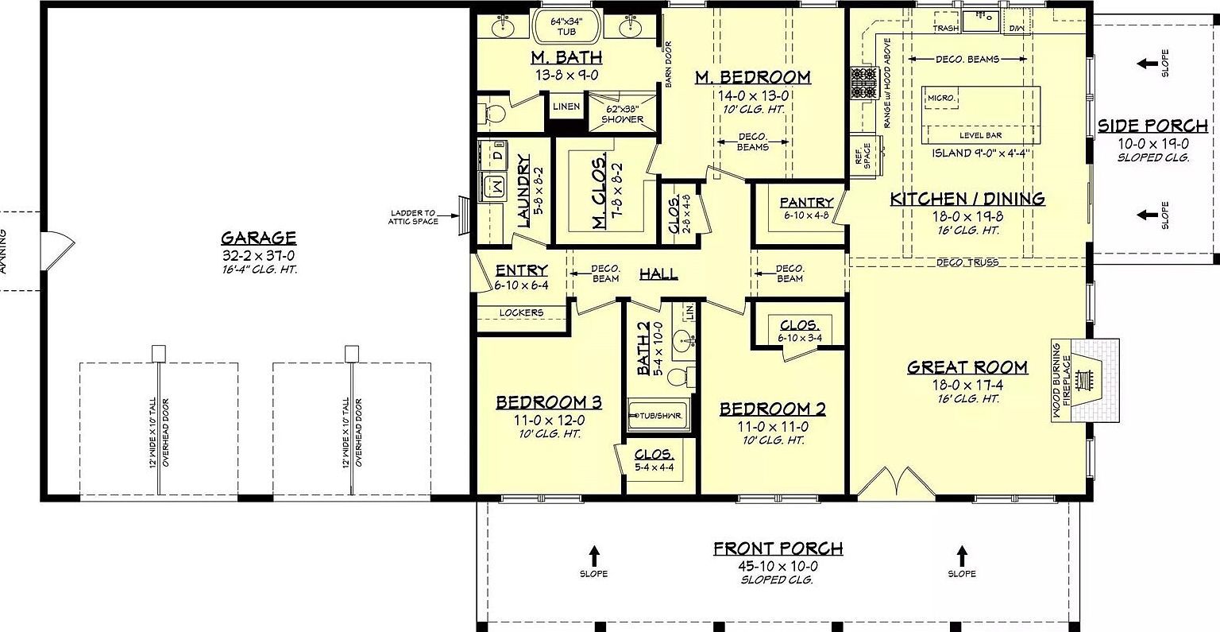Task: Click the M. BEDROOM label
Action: click(x=752, y=77)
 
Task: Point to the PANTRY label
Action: click(x=806, y=203)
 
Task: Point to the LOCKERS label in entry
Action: click(x=521, y=312)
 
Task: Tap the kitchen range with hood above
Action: click(x=862, y=83)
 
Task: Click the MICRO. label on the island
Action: click(x=941, y=99)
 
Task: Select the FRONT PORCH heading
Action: click(x=777, y=549)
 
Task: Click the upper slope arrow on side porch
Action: click(x=1145, y=63)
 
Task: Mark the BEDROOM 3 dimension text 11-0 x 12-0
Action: click(x=548, y=420)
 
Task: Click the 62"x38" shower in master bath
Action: click(x=622, y=114)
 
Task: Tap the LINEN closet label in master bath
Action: click(x=566, y=107)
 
